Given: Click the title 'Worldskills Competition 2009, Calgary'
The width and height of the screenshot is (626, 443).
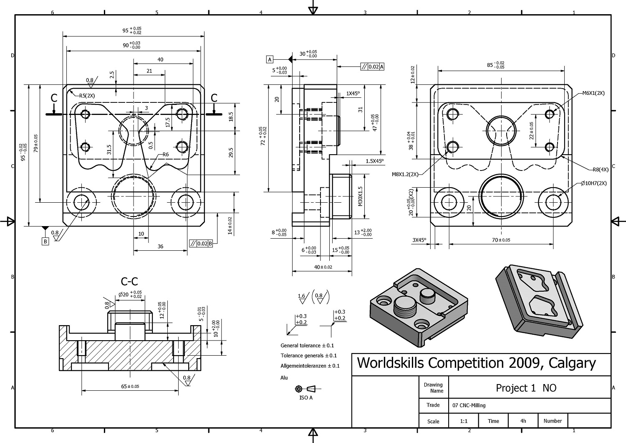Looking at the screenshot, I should [x=476, y=363].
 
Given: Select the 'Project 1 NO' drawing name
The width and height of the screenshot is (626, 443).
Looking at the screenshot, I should [x=526, y=388].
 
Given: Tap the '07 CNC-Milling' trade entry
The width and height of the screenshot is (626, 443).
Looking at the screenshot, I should [x=469, y=405].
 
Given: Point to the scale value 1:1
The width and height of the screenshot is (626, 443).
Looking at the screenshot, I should [x=464, y=421].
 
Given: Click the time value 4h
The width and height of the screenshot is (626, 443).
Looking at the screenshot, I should [x=523, y=421].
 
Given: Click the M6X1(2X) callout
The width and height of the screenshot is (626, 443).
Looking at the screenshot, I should [x=593, y=93].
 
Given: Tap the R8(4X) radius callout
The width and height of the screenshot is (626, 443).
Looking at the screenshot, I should [x=601, y=170].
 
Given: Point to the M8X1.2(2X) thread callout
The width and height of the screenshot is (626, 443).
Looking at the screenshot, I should [x=405, y=174].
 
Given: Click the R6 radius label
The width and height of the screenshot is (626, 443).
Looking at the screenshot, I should [x=165, y=155].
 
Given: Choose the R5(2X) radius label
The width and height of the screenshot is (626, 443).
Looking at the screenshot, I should [x=87, y=96].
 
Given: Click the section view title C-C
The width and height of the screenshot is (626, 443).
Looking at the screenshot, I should [x=129, y=281].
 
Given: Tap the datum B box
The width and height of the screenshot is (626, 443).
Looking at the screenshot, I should [x=45, y=241].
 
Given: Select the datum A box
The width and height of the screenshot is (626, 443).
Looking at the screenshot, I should [x=270, y=59].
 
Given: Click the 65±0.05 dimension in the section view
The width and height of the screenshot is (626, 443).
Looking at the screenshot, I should [x=130, y=387].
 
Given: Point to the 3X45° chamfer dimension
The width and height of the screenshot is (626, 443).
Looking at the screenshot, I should [x=419, y=240].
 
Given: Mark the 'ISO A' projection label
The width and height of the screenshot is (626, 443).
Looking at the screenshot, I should [x=306, y=397].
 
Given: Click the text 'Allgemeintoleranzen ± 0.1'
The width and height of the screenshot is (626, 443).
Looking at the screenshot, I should [x=310, y=366].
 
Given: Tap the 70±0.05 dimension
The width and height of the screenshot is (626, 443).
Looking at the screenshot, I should [x=501, y=240].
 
